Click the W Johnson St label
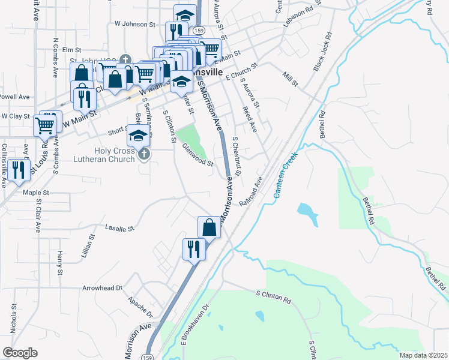click(135, 25)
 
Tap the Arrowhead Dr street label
click(102, 289)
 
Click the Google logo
click(20, 352)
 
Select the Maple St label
click(35, 193)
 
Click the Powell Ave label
click(15, 97)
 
